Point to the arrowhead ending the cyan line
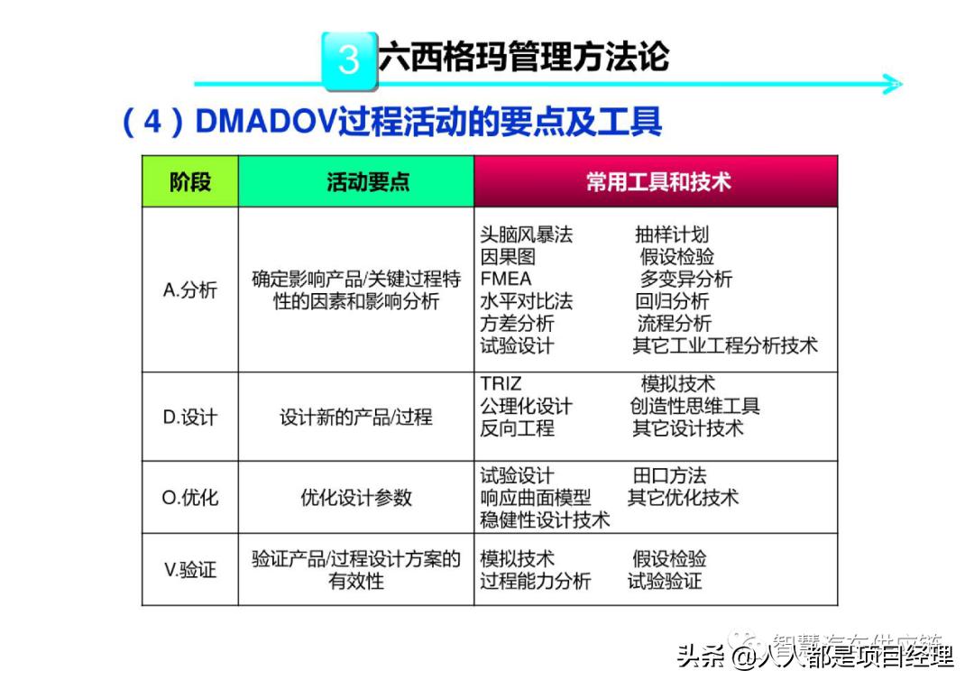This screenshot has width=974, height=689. [892, 85]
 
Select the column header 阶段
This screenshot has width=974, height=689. [190, 181]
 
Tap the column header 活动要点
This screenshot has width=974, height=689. [356, 181]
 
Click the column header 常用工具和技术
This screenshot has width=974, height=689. [656, 181]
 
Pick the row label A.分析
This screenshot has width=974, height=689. [190, 289]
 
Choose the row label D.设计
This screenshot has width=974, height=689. [190, 417]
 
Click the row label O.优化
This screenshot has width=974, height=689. [190, 497]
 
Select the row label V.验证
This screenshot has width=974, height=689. [190, 569]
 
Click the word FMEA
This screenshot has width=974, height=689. [506, 279]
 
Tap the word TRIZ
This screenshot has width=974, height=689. [501, 384]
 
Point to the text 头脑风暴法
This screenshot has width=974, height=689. [527, 234]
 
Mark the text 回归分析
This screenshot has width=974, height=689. [672, 301]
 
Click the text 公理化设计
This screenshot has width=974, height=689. [527, 407]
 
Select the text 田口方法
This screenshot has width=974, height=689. [669, 475]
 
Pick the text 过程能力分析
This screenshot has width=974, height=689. [536, 581]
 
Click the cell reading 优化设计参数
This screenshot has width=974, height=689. [356, 497]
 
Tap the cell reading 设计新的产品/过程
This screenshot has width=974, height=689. [356, 417]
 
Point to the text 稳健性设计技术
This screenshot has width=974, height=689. [545, 519]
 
